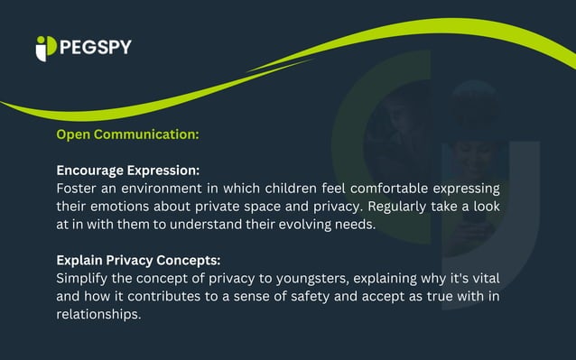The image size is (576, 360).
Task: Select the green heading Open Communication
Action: [x=127, y=134]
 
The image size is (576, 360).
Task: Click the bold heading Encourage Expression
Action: [x=127, y=170]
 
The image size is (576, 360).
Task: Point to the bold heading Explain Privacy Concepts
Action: [x=138, y=260]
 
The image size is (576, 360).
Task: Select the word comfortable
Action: [x=400, y=188]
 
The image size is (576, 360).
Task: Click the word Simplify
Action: [x=86, y=278]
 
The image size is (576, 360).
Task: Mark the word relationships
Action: [x=99, y=315]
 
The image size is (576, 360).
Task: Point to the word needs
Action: [x=354, y=225]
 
